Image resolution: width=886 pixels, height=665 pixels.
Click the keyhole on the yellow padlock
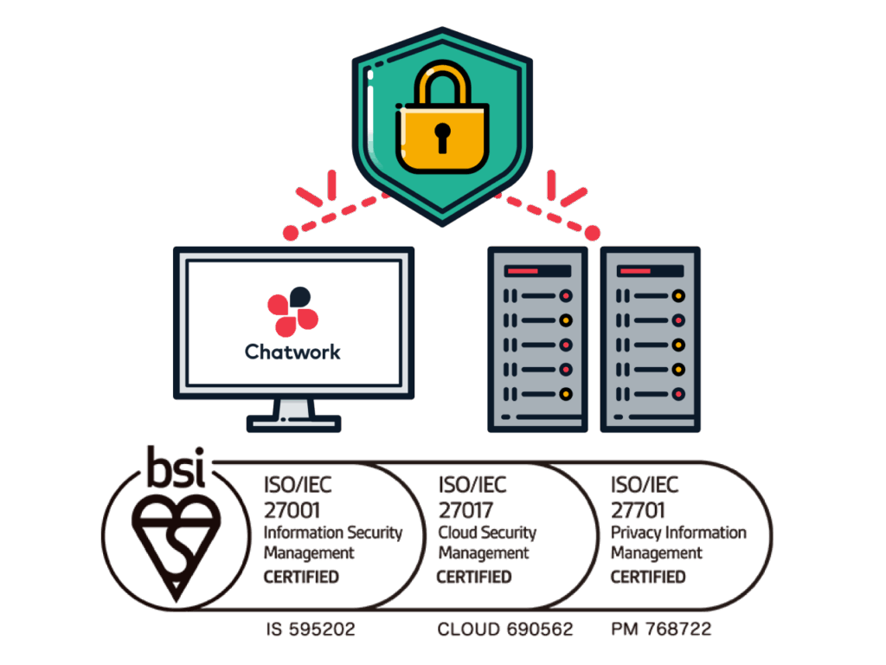443,137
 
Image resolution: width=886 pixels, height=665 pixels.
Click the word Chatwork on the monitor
292,352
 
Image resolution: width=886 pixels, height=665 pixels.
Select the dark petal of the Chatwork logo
299,296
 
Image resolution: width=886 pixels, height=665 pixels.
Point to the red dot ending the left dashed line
291,233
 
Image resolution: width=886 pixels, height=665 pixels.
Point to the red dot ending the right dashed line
593,233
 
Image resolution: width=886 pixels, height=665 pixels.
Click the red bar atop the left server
523,271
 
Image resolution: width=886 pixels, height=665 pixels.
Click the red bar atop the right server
636,271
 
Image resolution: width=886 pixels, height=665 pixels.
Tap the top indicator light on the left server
566,295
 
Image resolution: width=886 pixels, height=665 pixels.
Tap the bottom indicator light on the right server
679,394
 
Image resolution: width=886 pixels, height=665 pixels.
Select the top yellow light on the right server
679,295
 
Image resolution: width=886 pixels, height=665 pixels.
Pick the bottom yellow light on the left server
566,394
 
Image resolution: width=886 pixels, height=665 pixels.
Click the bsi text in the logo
175,468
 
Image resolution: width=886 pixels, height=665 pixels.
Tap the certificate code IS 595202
311,629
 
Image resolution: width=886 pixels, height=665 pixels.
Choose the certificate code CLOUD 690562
505,629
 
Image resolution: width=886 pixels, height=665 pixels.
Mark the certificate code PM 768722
661,629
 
